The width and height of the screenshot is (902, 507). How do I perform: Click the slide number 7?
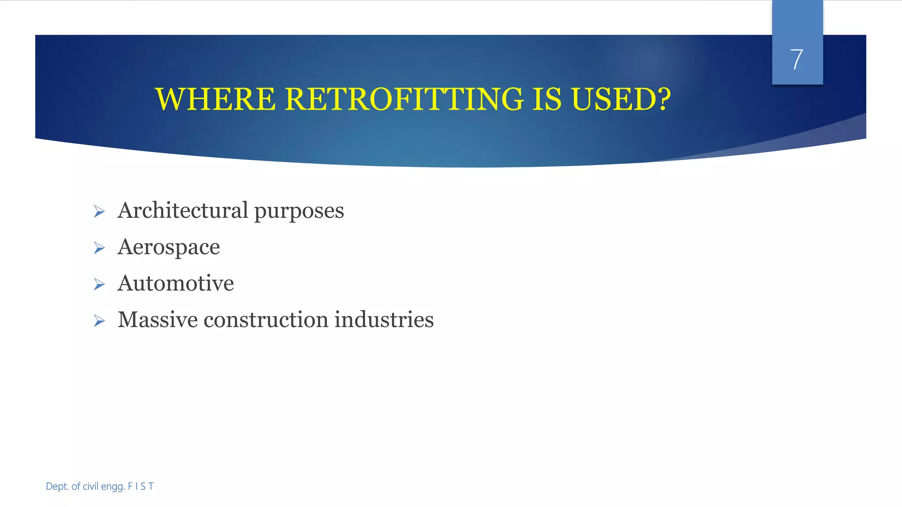(x=797, y=59)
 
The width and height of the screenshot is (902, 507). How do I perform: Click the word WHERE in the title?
(x=215, y=99)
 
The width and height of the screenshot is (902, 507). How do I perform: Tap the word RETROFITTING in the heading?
(x=404, y=99)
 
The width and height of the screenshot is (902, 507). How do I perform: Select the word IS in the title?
(x=547, y=99)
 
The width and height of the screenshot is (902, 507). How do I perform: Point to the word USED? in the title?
(x=621, y=99)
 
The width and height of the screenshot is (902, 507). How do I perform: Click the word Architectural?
(x=183, y=210)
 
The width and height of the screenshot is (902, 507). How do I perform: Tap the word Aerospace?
(x=169, y=247)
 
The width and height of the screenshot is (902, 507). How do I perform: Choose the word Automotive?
(x=176, y=283)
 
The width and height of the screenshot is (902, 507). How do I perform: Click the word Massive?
(x=158, y=320)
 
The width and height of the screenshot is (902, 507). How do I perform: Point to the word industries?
(x=384, y=320)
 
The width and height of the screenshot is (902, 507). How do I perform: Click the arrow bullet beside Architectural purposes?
(x=100, y=212)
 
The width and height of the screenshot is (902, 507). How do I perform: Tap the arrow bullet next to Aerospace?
(x=100, y=248)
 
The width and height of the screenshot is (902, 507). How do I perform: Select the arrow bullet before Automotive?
(x=100, y=284)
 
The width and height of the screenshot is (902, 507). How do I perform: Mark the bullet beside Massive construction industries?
(x=100, y=321)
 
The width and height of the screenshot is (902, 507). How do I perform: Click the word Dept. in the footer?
(x=57, y=486)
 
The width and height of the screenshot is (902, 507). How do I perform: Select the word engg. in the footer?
(x=113, y=487)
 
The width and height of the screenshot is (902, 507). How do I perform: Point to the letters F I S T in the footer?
(x=140, y=486)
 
